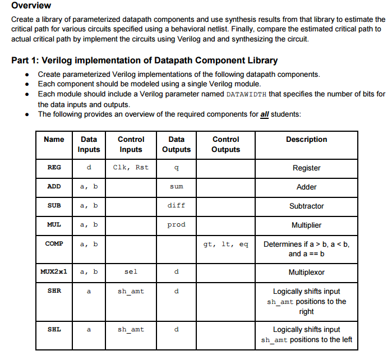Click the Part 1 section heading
tap(144, 60)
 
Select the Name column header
tap(54, 139)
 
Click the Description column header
tap(306, 139)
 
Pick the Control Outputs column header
tap(226, 144)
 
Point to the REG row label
tap(54, 167)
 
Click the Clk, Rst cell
tap(131, 167)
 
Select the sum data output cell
tap(176, 186)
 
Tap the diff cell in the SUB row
tap(176, 205)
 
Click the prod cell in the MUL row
tap(176, 224)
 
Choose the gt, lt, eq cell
tap(226, 244)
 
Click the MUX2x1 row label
tap(54, 272)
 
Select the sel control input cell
tap(131, 272)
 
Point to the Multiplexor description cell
tap(306, 272)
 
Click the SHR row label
tap(54, 291)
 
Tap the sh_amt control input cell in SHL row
tap(131, 329)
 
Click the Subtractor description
tap(306, 206)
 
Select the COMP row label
tap(54, 244)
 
